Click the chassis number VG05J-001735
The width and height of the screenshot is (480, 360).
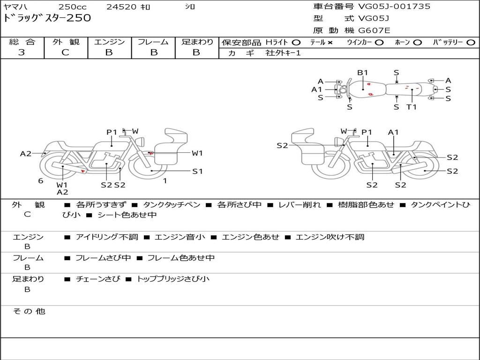[x=394, y=7]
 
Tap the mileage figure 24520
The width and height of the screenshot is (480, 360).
[x=121, y=7]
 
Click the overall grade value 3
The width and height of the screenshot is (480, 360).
[x=22, y=52]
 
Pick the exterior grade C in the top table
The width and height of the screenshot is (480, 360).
[x=66, y=52]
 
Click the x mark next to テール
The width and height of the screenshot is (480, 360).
[x=330, y=43]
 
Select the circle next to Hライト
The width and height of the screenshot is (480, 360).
[x=296, y=43]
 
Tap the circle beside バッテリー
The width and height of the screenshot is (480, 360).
[x=471, y=43]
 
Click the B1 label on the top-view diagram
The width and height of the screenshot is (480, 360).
[x=363, y=73]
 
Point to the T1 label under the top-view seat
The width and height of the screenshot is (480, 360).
[x=412, y=107]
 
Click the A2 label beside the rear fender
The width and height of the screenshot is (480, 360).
[x=26, y=154]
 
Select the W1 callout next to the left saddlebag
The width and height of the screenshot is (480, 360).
[x=197, y=153]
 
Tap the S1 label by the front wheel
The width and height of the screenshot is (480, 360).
[x=197, y=172]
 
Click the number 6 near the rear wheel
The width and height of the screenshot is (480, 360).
[x=41, y=181]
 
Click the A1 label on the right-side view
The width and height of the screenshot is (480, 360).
[x=393, y=132]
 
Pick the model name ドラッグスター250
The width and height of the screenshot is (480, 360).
[x=47, y=18]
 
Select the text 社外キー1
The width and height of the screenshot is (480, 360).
[x=283, y=53]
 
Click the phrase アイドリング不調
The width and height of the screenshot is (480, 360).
[x=107, y=237]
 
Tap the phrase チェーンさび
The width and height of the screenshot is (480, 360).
[x=98, y=279]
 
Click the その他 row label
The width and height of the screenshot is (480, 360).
[x=29, y=311]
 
